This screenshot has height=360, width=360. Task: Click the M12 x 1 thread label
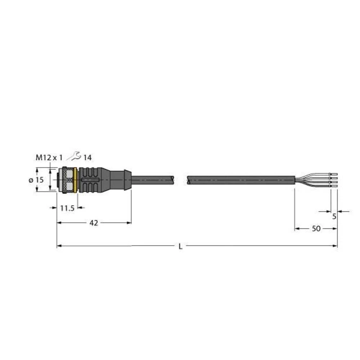(49, 157)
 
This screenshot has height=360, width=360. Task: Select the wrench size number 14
(87, 157)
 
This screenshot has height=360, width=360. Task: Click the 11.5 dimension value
(66, 208)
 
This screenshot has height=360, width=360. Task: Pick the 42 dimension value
(94, 223)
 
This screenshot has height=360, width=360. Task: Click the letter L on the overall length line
(180, 246)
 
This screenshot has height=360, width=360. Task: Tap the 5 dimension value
(334, 217)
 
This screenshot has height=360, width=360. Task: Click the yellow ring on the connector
(75, 179)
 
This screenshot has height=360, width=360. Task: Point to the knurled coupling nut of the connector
(66, 179)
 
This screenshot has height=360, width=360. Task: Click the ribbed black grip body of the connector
(90, 179)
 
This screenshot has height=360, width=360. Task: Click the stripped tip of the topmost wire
(334, 174)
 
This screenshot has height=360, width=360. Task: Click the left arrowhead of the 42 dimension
(59, 223)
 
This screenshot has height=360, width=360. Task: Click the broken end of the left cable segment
(173, 179)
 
